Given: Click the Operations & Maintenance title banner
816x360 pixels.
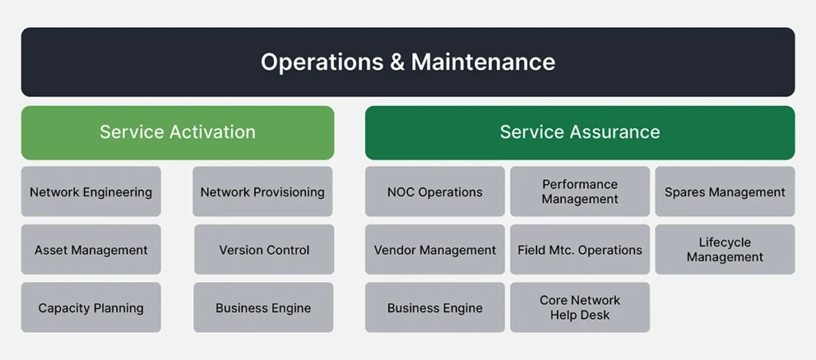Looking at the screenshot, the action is (x=408, y=62).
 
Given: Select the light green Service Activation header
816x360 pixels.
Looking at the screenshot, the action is (x=178, y=133).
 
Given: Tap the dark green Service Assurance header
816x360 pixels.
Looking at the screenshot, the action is (x=580, y=133).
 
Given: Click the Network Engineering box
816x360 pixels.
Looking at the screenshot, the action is (x=91, y=191).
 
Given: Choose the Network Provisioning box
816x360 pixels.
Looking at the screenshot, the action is (x=262, y=191).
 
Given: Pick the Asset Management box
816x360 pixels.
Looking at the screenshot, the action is (x=91, y=250).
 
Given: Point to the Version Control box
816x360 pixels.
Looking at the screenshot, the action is (x=264, y=250).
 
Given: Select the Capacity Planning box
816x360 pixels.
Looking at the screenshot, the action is (x=91, y=307).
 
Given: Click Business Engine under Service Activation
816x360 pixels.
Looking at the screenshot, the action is (x=263, y=307).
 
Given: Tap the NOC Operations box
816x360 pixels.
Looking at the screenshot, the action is (x=434, y=191).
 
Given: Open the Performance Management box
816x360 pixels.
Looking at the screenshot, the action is (x=580, y=191).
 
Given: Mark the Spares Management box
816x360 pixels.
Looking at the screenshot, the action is (x=725, y=191).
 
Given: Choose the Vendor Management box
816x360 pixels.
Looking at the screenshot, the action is (x=434, y=250).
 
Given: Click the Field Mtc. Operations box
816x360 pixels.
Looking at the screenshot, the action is (x=580, y=250).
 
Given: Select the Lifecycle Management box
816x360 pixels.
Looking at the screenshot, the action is (x=725, y=250).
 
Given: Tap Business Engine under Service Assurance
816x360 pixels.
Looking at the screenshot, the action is (x=434, y=307).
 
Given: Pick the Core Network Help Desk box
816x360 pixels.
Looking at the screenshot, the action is (x=580, y=307).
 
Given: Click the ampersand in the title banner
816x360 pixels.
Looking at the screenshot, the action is (x=395, y=62).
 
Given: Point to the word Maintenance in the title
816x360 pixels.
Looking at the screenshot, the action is (x=483, y=62).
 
